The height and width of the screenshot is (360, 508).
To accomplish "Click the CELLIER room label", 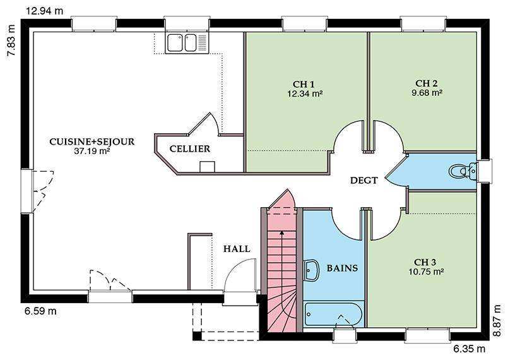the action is pos(190,149).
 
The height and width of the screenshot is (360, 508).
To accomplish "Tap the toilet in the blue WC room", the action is pos(463,171).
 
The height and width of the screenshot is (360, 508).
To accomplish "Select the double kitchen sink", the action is pos(186,43).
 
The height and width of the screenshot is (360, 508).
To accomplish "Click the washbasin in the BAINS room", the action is pos(312,270).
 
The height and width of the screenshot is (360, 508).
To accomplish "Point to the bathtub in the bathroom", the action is pos(333,314).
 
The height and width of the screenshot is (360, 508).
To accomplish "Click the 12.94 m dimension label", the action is pos(44,11).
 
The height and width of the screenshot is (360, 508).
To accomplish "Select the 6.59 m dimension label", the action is pos(40,311).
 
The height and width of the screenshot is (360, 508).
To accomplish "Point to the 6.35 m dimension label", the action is pos(469,349).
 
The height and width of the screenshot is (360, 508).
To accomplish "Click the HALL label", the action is pos(237,249).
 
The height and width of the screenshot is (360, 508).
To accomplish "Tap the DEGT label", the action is pos(364,181).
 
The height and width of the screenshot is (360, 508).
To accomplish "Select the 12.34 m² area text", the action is pos(305,94).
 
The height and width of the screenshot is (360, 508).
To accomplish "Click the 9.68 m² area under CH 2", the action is pos(427,93).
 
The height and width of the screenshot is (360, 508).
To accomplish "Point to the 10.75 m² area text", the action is pos(426,272).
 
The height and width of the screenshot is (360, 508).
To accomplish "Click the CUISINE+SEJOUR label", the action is pos(92,141).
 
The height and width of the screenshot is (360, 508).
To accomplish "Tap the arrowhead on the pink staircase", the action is pos(282,232).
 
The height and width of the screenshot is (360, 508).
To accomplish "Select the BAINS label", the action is pos(342,268).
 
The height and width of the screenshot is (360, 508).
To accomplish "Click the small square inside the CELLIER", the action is pos(207,167).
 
